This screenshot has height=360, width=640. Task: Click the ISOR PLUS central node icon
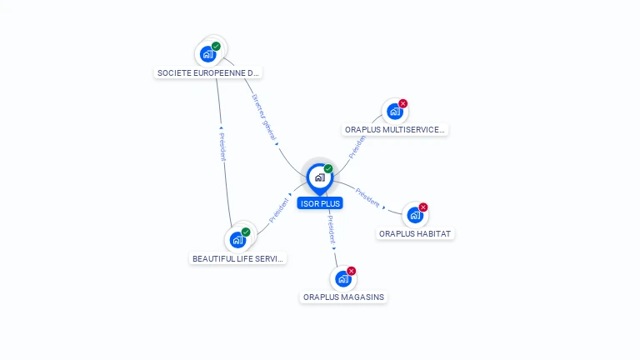pos(319,177)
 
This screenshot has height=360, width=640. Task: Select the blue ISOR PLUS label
pos(320,203)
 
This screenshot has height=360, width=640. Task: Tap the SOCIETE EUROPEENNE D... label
pos(208,73)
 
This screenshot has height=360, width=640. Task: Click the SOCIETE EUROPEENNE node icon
pos(208,54)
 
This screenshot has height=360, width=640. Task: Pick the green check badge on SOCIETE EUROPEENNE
pos(216,47)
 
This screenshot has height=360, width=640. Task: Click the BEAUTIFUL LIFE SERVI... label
pos(238,258)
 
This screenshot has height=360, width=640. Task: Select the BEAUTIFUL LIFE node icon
pos(237,240)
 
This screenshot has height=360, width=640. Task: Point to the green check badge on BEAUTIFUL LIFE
pos(246,232)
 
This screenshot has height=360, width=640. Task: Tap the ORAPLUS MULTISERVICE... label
pos(396,130)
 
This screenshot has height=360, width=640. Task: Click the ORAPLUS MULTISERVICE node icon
pos(395,112)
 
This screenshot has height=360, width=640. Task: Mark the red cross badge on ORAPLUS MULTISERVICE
pos(403,104)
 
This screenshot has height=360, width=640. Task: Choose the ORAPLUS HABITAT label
pos(415,234)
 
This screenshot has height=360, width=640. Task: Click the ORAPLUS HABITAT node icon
pos(415,215)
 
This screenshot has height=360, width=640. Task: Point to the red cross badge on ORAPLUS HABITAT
pos(423,207)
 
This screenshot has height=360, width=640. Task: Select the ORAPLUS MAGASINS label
pos(344,297)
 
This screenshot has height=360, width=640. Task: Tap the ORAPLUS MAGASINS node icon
pos(343,278)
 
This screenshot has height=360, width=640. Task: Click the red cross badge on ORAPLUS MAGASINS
pos(352,271)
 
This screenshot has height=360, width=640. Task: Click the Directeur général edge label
pos(265,117)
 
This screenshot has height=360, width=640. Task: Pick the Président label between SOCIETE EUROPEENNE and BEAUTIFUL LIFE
pos(222,146)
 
